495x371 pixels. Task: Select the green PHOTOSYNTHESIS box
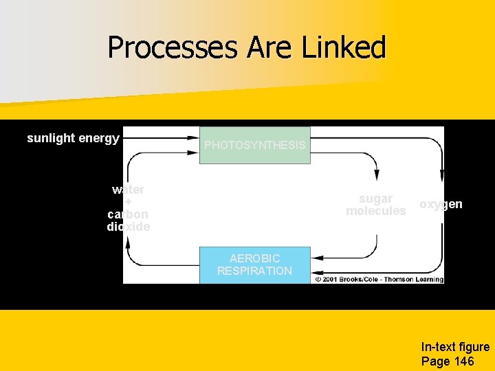254,145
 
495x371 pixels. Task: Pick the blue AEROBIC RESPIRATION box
254,265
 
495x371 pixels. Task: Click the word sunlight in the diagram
51,138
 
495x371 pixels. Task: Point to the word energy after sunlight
99,138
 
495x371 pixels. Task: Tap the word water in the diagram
129,190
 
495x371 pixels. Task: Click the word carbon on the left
129,214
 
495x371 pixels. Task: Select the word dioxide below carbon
129,226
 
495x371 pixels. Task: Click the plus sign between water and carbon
129,202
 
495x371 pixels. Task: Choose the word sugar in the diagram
376,199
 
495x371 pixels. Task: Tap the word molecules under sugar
376,211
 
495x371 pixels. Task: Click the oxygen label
441,204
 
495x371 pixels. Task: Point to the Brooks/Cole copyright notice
379,280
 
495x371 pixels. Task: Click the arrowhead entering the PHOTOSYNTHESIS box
195,137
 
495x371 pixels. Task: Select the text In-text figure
455,348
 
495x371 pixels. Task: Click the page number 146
463,361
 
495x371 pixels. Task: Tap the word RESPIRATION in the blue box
254,271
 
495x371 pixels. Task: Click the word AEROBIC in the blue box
254,258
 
